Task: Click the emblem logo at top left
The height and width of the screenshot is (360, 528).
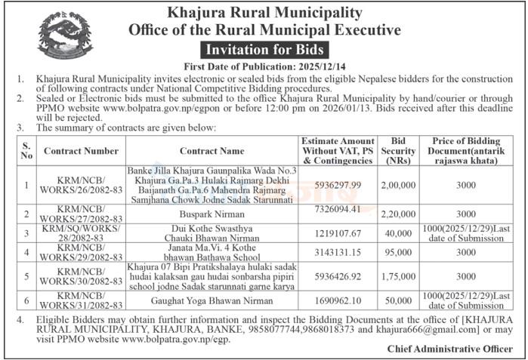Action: pyautogui.click(x=65, y=35)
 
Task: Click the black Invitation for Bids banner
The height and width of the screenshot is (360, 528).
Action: pyautogui.click(x=264, y=50)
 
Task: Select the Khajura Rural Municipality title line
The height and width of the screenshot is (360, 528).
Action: pyautogui.click(x=264, y=13)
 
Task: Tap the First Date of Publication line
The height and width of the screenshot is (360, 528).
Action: pyautogui.click(x=264, y=67)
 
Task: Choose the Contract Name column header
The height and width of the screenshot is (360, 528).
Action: pyautogui.click(x=212, y=151)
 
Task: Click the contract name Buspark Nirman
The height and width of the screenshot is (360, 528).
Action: pyautogui.click(x=212, y=214)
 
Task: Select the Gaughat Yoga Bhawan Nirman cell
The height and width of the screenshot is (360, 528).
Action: pyautogui.click(x=212, y=299)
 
